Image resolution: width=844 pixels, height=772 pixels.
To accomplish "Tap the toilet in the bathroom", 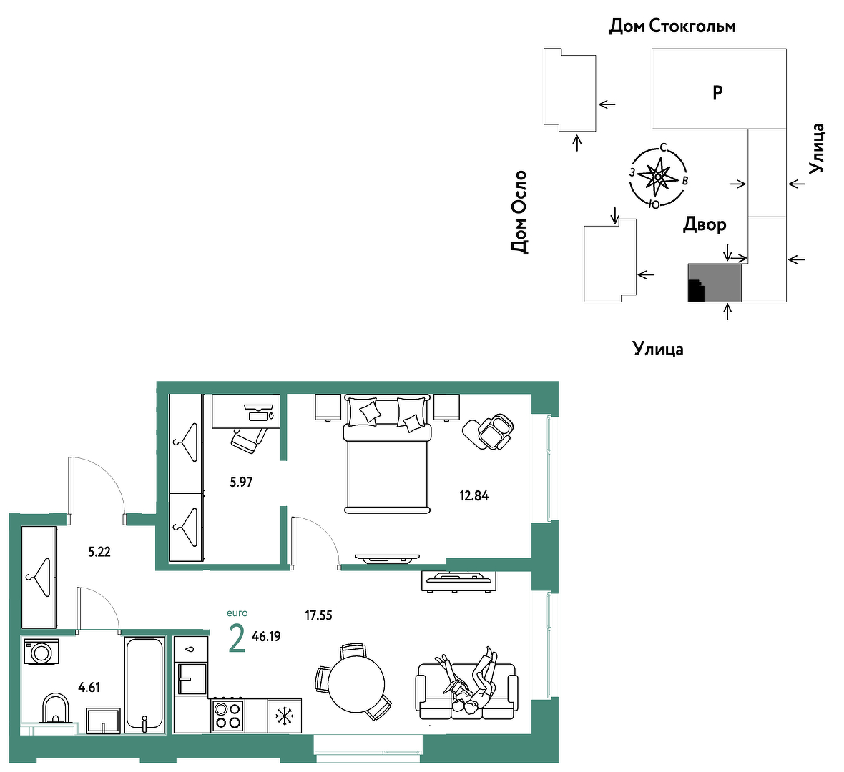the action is (x=56, y=708).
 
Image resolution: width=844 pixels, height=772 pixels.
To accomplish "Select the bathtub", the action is (x=144, y=685).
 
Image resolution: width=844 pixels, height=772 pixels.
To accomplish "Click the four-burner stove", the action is (x=227, y=715).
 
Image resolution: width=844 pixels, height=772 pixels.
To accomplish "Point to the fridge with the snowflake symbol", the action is (x=284, y=716).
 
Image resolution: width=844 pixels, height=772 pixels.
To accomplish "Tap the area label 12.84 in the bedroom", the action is (x=473, y=495).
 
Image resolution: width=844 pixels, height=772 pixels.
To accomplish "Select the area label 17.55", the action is (x=319, y=615).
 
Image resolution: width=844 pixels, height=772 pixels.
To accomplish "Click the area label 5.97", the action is (x=241, y=482).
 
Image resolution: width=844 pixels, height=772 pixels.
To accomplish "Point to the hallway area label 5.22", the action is (x=99, y=551).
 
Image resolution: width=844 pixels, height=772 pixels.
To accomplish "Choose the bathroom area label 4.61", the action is (x=89, y=687).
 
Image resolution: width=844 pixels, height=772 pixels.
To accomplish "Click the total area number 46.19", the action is (x=266, y=636).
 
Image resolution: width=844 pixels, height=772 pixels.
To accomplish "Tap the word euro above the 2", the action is (x=237, y=613).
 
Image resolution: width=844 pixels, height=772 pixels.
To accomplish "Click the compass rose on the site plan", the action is (x=658, y=177).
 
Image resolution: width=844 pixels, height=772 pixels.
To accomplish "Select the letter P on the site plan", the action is (x=717, y=92).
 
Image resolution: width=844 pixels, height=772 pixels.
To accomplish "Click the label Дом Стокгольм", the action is (x=672, y=26).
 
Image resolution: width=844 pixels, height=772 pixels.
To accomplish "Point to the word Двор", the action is (x=705, y=224).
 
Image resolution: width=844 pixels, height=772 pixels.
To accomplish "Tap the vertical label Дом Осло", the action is (x=519, y=212).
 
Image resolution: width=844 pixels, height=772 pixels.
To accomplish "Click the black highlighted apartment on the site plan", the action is (x=696, y=290).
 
